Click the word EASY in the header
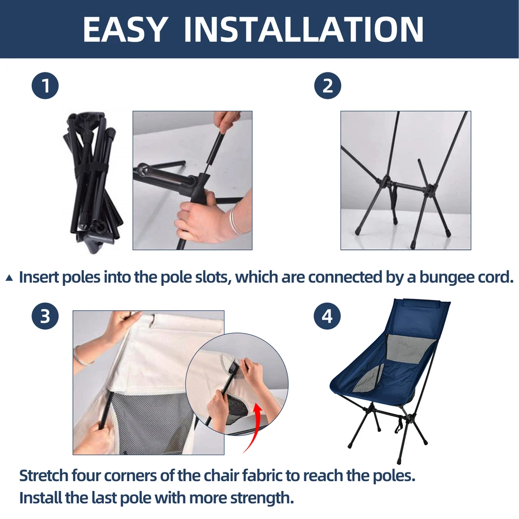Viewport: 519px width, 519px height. [124, 29]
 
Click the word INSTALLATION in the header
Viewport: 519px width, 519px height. [303, 29]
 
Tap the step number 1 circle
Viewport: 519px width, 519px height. [45, 85]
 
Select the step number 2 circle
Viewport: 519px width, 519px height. [328, 85]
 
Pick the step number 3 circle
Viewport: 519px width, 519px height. [45, 316]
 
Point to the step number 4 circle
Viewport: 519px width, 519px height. [327, 316]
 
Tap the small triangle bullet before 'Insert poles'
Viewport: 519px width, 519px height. [9, 278]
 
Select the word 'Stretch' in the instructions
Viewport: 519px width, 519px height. [43, 476]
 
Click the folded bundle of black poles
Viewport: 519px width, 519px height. [92, 182]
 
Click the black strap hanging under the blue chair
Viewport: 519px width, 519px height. [399, 424]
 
